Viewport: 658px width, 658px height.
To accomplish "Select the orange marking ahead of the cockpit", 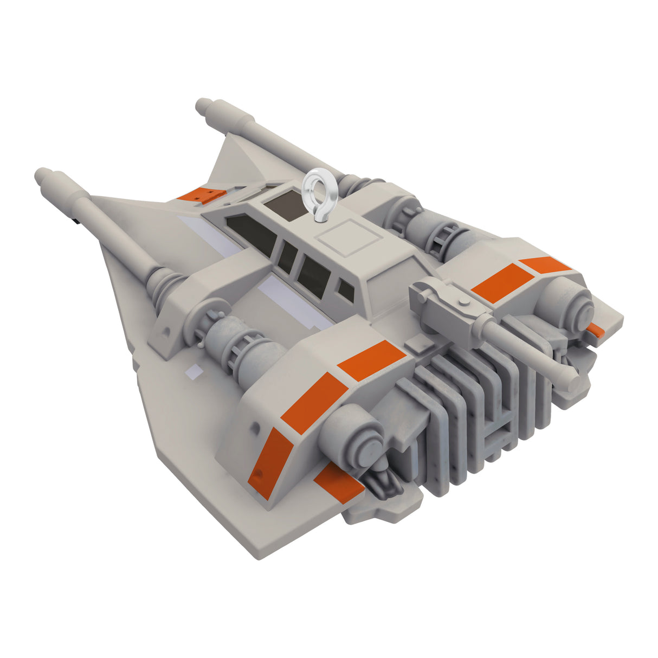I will click(x=201, y=194).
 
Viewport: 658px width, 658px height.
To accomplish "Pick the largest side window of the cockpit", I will click(x=251, y=235).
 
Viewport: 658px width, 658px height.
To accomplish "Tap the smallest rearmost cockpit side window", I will click(x=345, y=291).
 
